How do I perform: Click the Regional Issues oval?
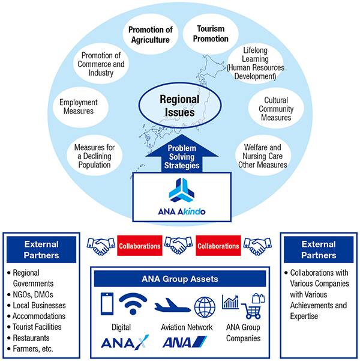tap(179, 105)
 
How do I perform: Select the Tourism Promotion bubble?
tap(211, 34)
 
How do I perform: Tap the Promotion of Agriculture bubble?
tap(151, 35)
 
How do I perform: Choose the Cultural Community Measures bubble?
tap(276, 109)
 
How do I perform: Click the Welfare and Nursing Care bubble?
tap(263, 156)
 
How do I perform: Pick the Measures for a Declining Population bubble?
tap(95, 156)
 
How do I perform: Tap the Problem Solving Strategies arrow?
tap(182, 154)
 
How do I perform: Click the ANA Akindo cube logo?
tap(181, 190)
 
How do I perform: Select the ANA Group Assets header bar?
tap(180, 279)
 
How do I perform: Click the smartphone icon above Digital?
tap(107, 304)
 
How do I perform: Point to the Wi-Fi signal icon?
tap(133, 304)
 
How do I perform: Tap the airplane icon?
tap(173, 305)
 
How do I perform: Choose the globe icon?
tap(205, 307)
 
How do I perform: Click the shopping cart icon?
tap(252, 311)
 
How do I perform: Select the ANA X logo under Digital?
tap(125, 341)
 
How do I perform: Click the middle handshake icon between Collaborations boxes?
tap(179, 246)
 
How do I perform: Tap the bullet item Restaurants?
tap(31, 338)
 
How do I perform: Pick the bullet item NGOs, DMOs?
tap(33, 294)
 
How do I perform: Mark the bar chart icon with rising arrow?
tap(230, 302)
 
